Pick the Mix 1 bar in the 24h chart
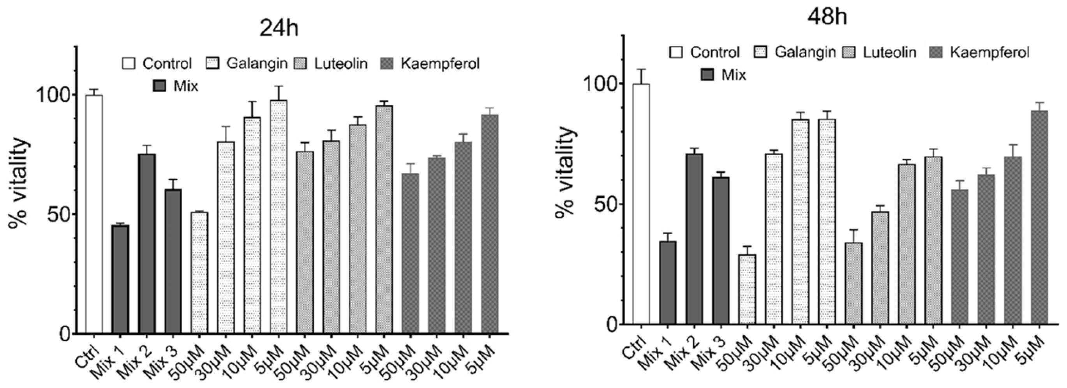[x=120, y=279]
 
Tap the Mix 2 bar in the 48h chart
[x=694, y=239]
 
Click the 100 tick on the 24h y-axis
[x=53, y=95]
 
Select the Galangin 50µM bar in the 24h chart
[x=199, y=273]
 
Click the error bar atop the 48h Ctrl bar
[x=641, y=76]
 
